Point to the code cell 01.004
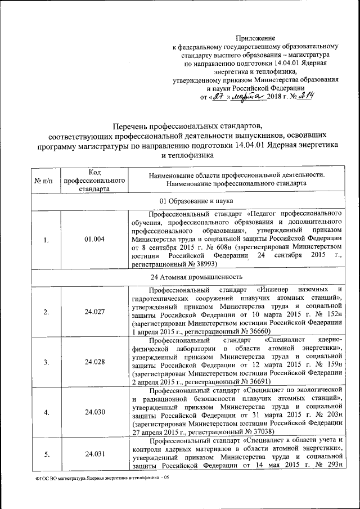click(94, 240)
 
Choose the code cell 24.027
click(94, 312)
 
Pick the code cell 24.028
click(94, 362)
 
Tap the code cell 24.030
click(94, 412)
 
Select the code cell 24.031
click(94, 454)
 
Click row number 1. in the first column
click(46, 240)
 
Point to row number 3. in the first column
click(46, 362)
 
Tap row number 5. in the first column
click(46, 454)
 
